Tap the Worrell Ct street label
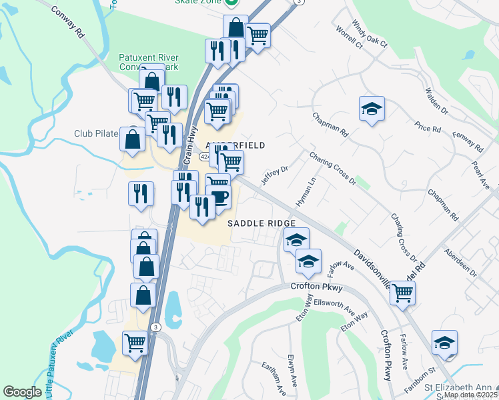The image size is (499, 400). coord(349,39)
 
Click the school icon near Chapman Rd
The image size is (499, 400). coord(372,109)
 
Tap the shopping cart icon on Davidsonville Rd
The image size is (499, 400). coord(402,292)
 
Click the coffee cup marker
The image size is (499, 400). coord(218,197)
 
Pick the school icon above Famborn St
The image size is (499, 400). coord(444,343)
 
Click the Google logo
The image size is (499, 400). coord(22,392)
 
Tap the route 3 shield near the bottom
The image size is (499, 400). coord(155,327)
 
